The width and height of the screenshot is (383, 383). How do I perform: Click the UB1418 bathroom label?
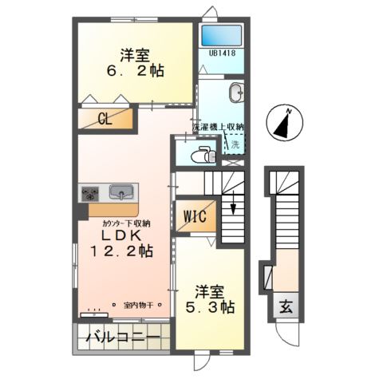pos(222,54)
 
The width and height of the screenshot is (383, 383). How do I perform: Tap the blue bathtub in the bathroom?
pos(222,35)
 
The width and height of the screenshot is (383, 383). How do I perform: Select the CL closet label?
pos(105,119)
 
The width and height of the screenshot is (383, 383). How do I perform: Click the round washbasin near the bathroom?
pos(237,92)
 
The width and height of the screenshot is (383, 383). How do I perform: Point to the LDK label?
pos(121,236)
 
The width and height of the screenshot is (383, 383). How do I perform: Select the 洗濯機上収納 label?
pos(218,127)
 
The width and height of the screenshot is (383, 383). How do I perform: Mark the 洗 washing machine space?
pos(235,145)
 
